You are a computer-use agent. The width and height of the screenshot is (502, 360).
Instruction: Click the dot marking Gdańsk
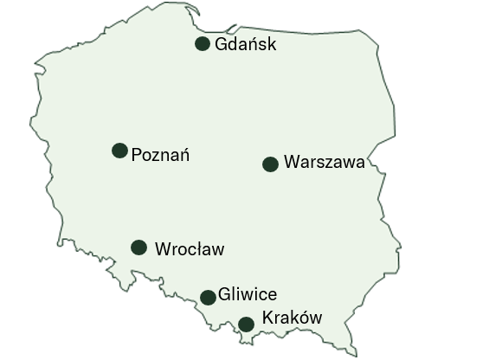click(203, 44)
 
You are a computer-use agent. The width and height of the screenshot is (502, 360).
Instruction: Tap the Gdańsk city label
click(246, 44)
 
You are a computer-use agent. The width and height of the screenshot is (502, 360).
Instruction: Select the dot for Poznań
click(120, 151)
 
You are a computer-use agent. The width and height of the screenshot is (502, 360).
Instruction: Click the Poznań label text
click(160, 156)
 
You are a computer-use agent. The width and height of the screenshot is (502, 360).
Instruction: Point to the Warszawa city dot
click(270, 164)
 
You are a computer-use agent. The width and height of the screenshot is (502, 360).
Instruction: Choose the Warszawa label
click(324, 162)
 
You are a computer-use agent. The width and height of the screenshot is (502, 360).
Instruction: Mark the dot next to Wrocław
click(138, 247)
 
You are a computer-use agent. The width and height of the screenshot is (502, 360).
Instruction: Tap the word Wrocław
click(189, 250)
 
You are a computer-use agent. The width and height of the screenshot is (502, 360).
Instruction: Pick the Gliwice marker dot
click(208, 298)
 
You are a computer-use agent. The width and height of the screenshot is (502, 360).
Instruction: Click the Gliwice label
click(248, 294)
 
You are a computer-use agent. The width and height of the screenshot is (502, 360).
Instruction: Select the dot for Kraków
click(246, 325)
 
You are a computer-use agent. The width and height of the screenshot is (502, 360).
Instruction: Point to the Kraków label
click(292, 318)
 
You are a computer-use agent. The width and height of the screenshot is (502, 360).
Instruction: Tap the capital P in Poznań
click(136, 156)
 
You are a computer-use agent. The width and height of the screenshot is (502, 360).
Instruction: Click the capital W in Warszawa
click(291, 162)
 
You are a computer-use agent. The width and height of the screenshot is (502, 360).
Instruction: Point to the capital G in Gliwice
click(225, 294)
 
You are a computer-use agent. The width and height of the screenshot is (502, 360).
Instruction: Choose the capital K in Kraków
click(267, 318)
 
